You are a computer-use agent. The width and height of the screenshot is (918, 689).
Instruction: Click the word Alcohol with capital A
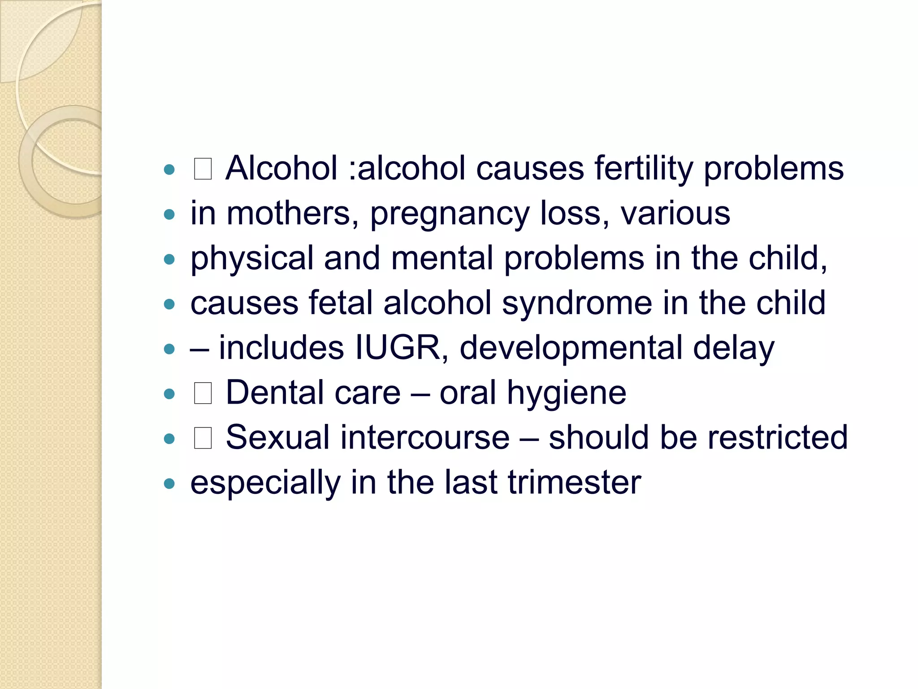(281, 168)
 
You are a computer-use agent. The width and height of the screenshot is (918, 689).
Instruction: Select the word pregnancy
(450, 214)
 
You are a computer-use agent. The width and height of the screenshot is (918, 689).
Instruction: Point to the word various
(675, 213)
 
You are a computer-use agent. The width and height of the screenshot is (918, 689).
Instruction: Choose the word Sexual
(277, 437)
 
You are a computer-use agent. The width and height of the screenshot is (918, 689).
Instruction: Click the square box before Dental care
(203, 393)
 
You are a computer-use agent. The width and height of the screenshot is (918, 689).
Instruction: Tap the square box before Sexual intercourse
(203, 438)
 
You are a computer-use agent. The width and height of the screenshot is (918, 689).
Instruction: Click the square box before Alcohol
(203, 169)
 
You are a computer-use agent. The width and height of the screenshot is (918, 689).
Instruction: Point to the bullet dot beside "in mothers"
(169, 214)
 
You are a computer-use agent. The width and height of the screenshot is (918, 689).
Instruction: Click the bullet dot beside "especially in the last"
(169, 484)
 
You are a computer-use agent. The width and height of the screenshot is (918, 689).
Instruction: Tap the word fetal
(341, 303)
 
